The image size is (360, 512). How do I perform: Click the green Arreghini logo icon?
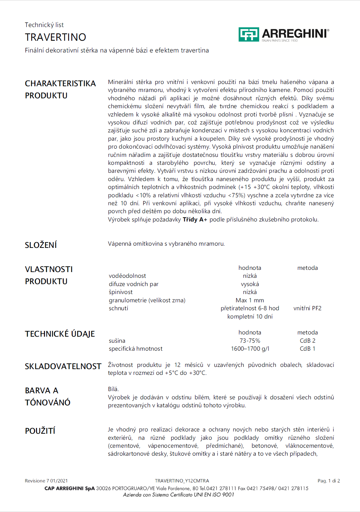[248, 34]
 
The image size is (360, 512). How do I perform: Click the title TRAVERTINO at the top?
[55, 37]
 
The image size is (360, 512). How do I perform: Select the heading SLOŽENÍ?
[41, 245]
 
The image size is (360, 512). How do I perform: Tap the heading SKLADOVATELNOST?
[63, 366]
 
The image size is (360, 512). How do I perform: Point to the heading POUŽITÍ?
[40, 431]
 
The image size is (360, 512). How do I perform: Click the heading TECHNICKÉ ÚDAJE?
[60, 334]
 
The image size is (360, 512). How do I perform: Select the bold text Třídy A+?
[195, 220]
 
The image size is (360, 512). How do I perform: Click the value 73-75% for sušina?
[250, 341]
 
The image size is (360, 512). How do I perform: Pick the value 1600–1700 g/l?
[250, 349]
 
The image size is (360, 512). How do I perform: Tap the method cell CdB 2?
[307, 341]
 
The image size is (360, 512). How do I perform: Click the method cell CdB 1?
[307, 349]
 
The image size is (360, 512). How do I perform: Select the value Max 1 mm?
[250, 300]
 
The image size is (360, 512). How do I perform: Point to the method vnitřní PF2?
[307, 308]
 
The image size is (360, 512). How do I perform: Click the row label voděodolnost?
[127, 276]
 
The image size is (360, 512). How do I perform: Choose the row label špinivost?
[121, 292]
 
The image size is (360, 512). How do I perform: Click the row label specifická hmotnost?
[136, 349]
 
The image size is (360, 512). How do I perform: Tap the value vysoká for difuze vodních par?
[250, 284]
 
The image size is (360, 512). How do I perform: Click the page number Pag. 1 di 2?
[328, 481]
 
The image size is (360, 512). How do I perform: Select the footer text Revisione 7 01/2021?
[46, 481]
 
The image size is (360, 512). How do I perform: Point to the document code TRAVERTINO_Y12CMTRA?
[182, 481]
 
